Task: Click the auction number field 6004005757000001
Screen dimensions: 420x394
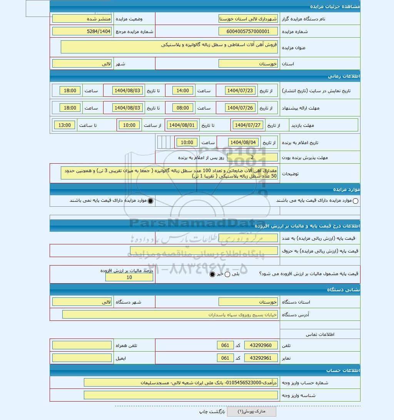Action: tap(248, 32)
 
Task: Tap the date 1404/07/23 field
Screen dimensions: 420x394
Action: tap(240, 91)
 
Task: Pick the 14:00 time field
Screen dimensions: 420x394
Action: tap(183, 91)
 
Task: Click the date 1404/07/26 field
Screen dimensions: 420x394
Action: tap(240, 108)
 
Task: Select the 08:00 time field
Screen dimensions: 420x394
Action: tap(183, 108)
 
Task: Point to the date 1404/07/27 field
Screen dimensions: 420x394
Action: tap(247, 125)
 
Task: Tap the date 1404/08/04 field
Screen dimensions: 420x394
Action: tap(243, 143)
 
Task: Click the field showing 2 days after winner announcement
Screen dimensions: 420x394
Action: tap(252, 157)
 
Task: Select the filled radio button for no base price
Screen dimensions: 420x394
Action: tap(150, 201)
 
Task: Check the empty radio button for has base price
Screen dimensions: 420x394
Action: tap(355, 201)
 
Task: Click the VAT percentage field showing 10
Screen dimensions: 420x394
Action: tap(129, 277)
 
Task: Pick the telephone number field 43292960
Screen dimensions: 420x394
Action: tap(260, 345)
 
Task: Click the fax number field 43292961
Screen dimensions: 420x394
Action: tap(260, 358)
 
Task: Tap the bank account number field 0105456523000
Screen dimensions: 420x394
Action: tap(180, 383)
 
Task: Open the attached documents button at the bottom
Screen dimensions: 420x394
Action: tap(251, 412)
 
